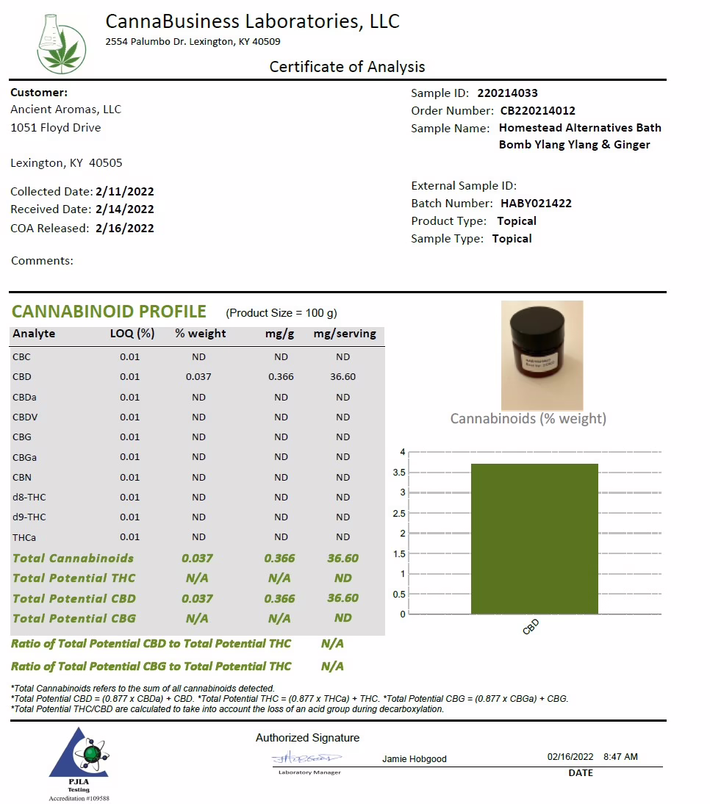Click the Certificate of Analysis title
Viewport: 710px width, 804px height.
(x=347, y=67)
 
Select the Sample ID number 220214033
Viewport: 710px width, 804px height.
(x=507, y=93)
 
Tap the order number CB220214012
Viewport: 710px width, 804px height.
(x=537, y=111)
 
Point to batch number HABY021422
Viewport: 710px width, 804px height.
(x=536, y=204)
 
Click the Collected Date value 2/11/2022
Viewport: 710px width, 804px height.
(x=125, y=192)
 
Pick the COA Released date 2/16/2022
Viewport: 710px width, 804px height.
(x=125, y=229)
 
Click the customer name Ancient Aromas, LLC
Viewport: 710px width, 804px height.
(x=66, y=110)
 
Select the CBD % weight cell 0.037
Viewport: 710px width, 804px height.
(x=198, y=377)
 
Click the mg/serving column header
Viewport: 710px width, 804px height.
(x=345, y=334)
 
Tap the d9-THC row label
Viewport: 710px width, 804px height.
(x=29, y=517)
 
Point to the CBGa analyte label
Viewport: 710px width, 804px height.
(x=25, y=457)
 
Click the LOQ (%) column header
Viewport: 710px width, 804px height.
(x=132, y=334)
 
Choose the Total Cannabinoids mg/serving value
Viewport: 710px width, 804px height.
(x=343, y=559)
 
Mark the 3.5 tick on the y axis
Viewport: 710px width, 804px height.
(x=399, y=473)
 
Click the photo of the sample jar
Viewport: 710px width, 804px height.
(x=542, y=355)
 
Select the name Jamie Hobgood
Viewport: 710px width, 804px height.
(x=415, y=759)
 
